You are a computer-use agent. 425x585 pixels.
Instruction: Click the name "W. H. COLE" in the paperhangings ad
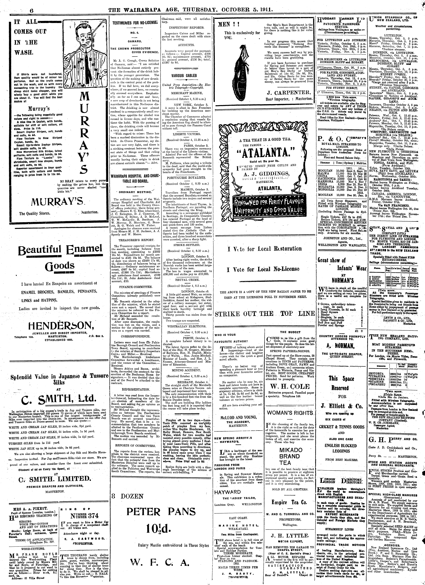[x=290, y=386]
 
